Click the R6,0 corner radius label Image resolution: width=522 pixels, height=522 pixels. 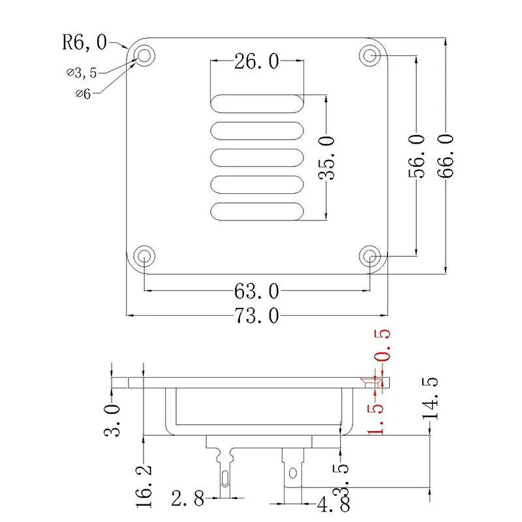pyautogui.click(x=85, y=42)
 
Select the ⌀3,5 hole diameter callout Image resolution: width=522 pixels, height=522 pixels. pyautogui.click(x=82, y=72)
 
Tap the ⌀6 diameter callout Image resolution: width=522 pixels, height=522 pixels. pyautogui.click(x=83, y=93)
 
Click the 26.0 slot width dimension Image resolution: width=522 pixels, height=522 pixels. pyautogui.click(x=256, y=61)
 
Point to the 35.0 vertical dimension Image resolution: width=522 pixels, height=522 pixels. pyautogui.click(x=326, y=157)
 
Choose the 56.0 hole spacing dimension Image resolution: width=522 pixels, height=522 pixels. pyautogui.click(x=416, y=155)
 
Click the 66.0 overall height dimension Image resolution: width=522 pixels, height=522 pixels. pyautogui.click(x=446, y=155)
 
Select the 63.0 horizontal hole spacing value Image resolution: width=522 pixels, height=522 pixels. pyautogui.click(x=256, y=291)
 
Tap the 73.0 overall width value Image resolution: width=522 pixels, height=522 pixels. pyautogui.click(x=256, y=316)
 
